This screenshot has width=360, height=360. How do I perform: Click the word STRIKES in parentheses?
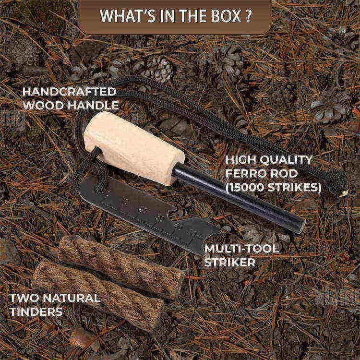point(298,187)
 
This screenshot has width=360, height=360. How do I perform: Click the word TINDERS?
point(36,311)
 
